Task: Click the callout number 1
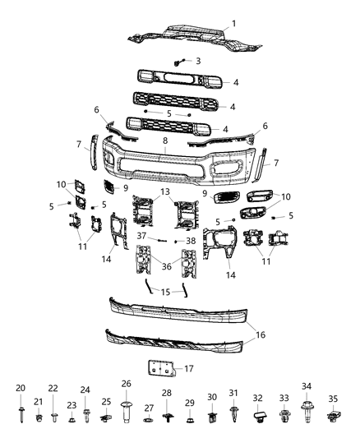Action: pyautogui.click(x=233, y=23)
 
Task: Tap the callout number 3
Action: pyautogui.click(x=196, y=61)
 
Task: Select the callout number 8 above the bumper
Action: pyautogui.click(x=164, y=141)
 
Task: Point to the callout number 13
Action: pyautogui.click(x=166, y=191)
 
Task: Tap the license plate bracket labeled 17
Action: pyautogui.click(x=160, y=369)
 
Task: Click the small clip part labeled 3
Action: pyautogui.click(x=179, y=62)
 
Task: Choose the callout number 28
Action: pyautogui.click(x=166, y=394)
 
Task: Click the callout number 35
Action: pyautogui.click(x=333, y=399)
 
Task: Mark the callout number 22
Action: pyautogui.click(x=53, y=389)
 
